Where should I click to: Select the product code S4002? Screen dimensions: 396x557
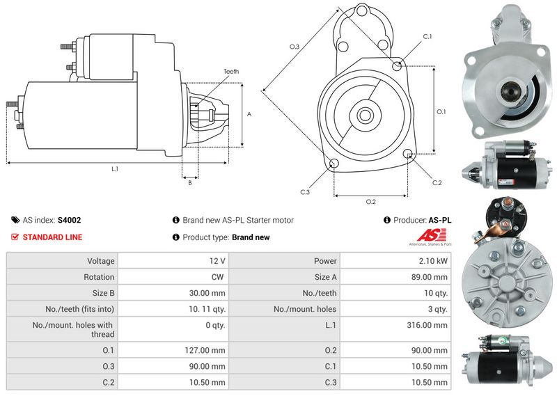coord(69,220)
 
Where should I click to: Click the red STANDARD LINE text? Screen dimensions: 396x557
coord(52,237)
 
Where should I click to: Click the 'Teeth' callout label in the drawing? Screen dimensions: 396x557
coord(231,71)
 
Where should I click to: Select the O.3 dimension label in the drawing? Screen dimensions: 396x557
coord(294,47)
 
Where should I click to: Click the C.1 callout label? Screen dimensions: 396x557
coord(427,36)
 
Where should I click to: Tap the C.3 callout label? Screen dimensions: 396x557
coord(305,191)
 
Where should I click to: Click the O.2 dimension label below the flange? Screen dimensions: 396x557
coord(371,202)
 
